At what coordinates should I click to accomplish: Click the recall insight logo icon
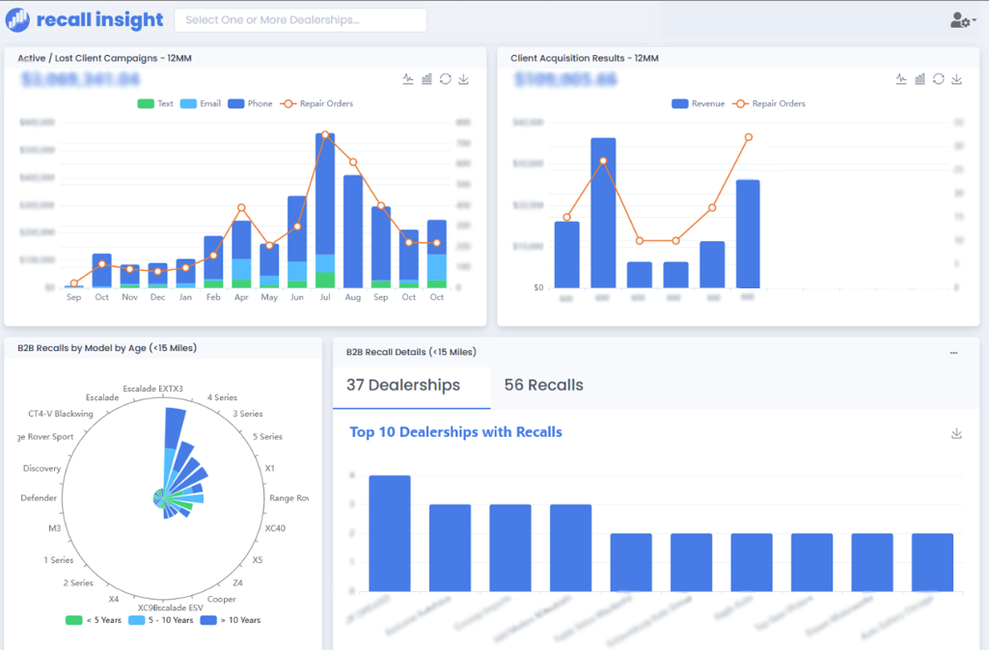[17, 20]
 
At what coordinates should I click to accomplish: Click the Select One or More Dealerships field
[300, 20]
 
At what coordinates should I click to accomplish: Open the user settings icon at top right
[962, 20]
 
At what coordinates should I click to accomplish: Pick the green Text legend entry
[155, 104]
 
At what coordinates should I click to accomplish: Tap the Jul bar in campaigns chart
[325, 212]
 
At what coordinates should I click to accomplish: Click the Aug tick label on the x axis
[353, 297]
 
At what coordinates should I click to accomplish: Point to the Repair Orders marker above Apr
[241, 207]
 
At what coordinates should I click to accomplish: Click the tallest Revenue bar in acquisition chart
[603, 212]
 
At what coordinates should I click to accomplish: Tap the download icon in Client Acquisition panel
[957, 79]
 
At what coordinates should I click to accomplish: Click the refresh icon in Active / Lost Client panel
[445, 79]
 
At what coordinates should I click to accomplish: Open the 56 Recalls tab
[543, 385]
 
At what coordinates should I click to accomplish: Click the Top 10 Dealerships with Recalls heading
[455, 432]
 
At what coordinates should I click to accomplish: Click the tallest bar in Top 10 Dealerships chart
[389, 532]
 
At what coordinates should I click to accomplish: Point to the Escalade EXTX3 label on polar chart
[152, 389]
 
